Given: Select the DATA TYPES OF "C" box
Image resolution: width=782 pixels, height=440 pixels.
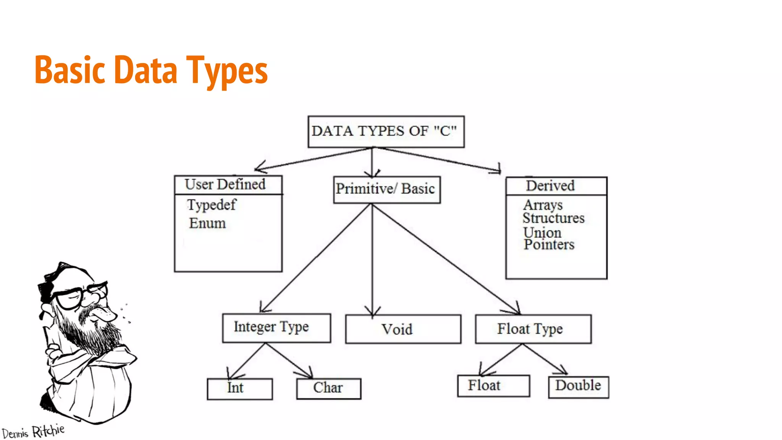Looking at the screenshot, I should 386,131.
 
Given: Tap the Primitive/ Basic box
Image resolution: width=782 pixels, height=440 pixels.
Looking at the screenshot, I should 386,189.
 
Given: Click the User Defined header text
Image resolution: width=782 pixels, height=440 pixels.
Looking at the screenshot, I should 225,184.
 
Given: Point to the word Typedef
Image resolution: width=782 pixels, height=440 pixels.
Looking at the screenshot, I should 212,205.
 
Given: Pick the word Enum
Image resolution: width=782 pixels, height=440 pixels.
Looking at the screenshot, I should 207,223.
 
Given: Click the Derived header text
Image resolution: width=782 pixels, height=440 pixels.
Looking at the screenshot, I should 550,186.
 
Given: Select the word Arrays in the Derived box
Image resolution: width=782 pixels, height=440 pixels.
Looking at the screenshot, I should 543,205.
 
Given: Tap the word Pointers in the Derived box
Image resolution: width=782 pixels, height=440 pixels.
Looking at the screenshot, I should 549,244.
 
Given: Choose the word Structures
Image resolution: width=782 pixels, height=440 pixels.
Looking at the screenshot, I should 553,218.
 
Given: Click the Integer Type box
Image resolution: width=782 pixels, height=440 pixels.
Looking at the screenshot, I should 276,328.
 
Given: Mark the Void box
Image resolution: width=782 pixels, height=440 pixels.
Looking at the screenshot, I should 403,329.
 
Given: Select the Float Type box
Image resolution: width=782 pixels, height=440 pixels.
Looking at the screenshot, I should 533,329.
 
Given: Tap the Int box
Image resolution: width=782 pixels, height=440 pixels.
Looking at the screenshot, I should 239,388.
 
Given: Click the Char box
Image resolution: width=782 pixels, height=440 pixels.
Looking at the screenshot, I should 328,388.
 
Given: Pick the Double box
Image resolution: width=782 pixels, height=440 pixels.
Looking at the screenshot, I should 578,387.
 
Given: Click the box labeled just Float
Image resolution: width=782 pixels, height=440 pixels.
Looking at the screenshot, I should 493,386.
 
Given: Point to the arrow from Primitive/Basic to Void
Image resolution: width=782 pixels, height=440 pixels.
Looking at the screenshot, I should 372,260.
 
